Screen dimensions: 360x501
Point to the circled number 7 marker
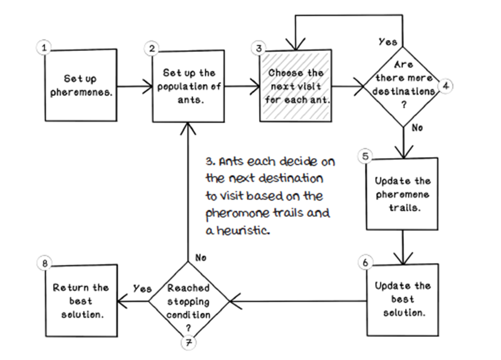tap(188, 343)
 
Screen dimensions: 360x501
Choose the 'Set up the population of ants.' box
tap(188, 86)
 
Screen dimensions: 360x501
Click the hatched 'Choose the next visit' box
tap(296, 86)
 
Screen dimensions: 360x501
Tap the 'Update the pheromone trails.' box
tap(403, 193)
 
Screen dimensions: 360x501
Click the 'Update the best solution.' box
tap(403, 299)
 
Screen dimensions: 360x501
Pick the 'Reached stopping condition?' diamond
tap(188, 302)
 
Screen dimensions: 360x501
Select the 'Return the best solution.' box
tap(81, 300)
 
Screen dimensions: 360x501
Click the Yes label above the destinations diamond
tap(387, 41)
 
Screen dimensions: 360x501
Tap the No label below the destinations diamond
tap(417, 128)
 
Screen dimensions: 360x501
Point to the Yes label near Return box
tap(142, 289)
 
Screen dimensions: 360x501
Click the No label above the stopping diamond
tap(201, 258)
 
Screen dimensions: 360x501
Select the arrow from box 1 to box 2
tap(134, 87)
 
